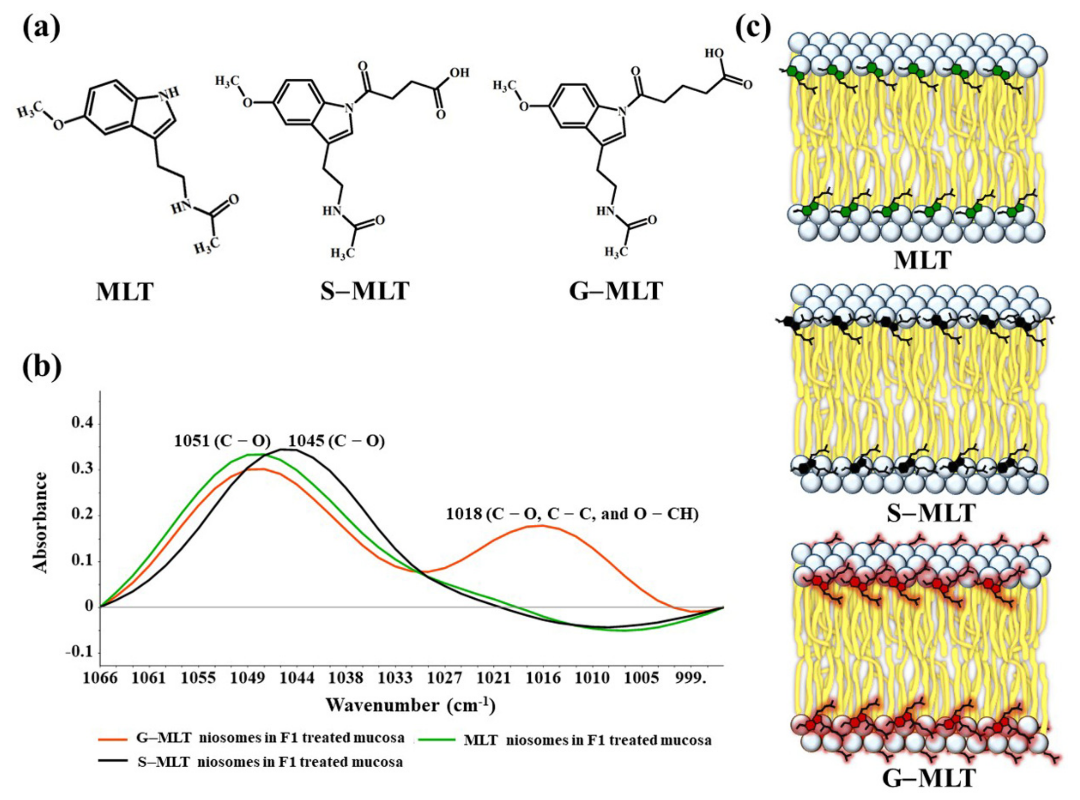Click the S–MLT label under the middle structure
tap(365, 291)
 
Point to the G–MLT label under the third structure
tap(616, 291)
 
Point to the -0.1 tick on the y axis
tap(79, 652)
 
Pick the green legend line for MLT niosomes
tap(438, 739)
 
